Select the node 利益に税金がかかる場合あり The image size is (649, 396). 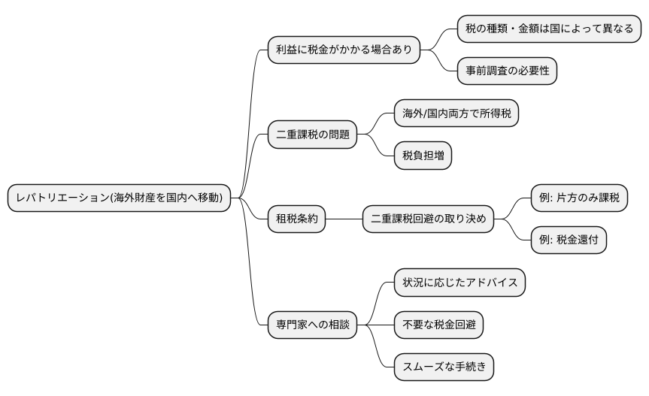point(343,50)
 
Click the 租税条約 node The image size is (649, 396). point(297,219)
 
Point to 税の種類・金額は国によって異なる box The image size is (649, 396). point(549,29)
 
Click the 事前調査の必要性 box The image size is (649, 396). point(507,71)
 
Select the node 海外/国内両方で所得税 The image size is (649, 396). point(456,114)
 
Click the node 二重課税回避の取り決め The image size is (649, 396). point(428,219)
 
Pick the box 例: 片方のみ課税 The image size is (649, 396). point(578,198)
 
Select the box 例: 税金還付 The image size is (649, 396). point(568,240)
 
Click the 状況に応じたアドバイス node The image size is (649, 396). point(459,283)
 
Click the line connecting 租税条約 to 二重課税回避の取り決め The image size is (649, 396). point(344,219)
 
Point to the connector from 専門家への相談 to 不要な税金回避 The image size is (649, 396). point(376,325)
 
